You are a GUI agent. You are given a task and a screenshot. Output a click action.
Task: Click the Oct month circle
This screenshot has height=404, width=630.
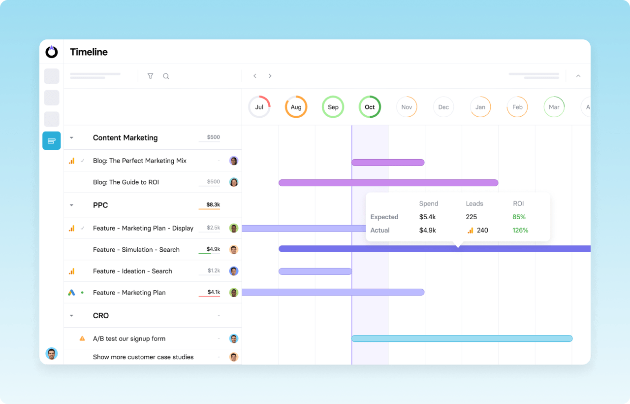coord(370,107)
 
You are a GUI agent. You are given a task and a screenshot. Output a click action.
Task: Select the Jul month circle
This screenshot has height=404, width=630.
coord(259,107)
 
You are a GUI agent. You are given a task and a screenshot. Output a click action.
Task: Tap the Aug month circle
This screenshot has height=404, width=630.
coord(296,107)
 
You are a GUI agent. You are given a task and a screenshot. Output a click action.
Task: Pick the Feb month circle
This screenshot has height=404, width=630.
coord(517,107)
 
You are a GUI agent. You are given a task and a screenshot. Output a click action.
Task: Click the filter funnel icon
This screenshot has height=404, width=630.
coord(151,76)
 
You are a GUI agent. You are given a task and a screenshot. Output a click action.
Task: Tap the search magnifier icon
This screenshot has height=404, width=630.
coord(166,76)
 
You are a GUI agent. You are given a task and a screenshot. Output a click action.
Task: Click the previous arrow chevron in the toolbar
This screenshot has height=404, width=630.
coord(255,76)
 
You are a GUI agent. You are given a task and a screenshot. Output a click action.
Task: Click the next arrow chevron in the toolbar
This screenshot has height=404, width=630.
coord(270,76)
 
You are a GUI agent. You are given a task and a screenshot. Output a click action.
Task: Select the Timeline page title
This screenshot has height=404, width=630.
coord(89,52)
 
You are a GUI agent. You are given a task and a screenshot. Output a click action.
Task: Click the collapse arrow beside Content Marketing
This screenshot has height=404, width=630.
coord(71,138)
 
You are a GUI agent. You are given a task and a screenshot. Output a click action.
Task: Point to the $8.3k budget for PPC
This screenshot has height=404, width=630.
coord(213,204)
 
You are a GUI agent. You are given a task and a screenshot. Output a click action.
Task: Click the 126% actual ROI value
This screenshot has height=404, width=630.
coord(520,230)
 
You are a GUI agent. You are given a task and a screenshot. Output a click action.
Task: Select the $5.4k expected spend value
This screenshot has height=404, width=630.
coord(427,217)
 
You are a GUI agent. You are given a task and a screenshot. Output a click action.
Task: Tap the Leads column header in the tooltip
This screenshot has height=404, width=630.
coord(474,203)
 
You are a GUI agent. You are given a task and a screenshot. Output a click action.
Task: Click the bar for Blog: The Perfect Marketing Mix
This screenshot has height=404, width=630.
coord(388,163)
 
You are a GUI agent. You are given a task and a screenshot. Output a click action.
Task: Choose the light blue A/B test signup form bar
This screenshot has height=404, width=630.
coord(462,338)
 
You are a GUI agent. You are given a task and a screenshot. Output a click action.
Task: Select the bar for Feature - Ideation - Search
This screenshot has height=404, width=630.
coord(315,271)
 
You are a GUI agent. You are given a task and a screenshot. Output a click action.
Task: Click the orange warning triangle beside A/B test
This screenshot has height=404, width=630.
coord(82,338)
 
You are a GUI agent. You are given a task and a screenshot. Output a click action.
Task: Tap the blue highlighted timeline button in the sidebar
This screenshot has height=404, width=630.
coord(52,141)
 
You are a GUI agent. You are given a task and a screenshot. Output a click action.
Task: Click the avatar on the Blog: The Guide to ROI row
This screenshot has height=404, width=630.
coord(234,182)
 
